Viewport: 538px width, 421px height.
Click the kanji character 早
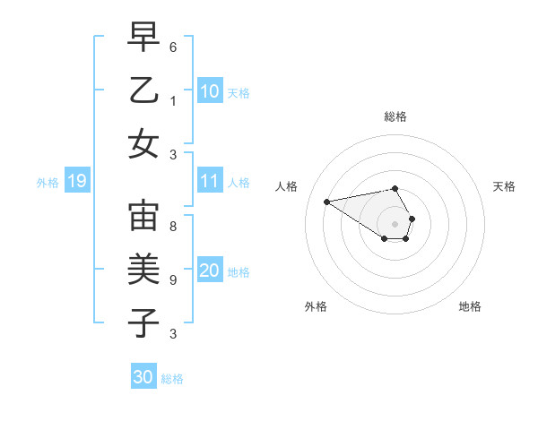(143, 38)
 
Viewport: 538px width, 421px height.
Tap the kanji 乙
(143, 90)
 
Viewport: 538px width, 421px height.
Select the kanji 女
(143, 143)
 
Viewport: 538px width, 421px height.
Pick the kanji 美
(143, 270)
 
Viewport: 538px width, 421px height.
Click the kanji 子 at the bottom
(143, 322)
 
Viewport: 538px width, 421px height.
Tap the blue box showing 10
(209, 91)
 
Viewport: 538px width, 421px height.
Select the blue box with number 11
(209, 182)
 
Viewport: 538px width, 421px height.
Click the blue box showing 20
(209, 271)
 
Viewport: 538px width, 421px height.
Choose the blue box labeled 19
(76, 182)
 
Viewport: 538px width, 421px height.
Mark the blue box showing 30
(143, 377)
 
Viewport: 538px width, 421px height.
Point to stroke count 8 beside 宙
(172, 227)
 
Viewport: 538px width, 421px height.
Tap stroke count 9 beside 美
(172, 280)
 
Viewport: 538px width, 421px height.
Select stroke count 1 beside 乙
(172, 101)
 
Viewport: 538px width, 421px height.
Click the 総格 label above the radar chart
(395, 116)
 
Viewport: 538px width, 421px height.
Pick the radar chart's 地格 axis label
(470, 306)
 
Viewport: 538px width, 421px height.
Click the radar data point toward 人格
(327, 201)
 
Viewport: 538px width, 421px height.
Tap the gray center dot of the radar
(395, 223)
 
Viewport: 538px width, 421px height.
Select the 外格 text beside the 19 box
(48, 183)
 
